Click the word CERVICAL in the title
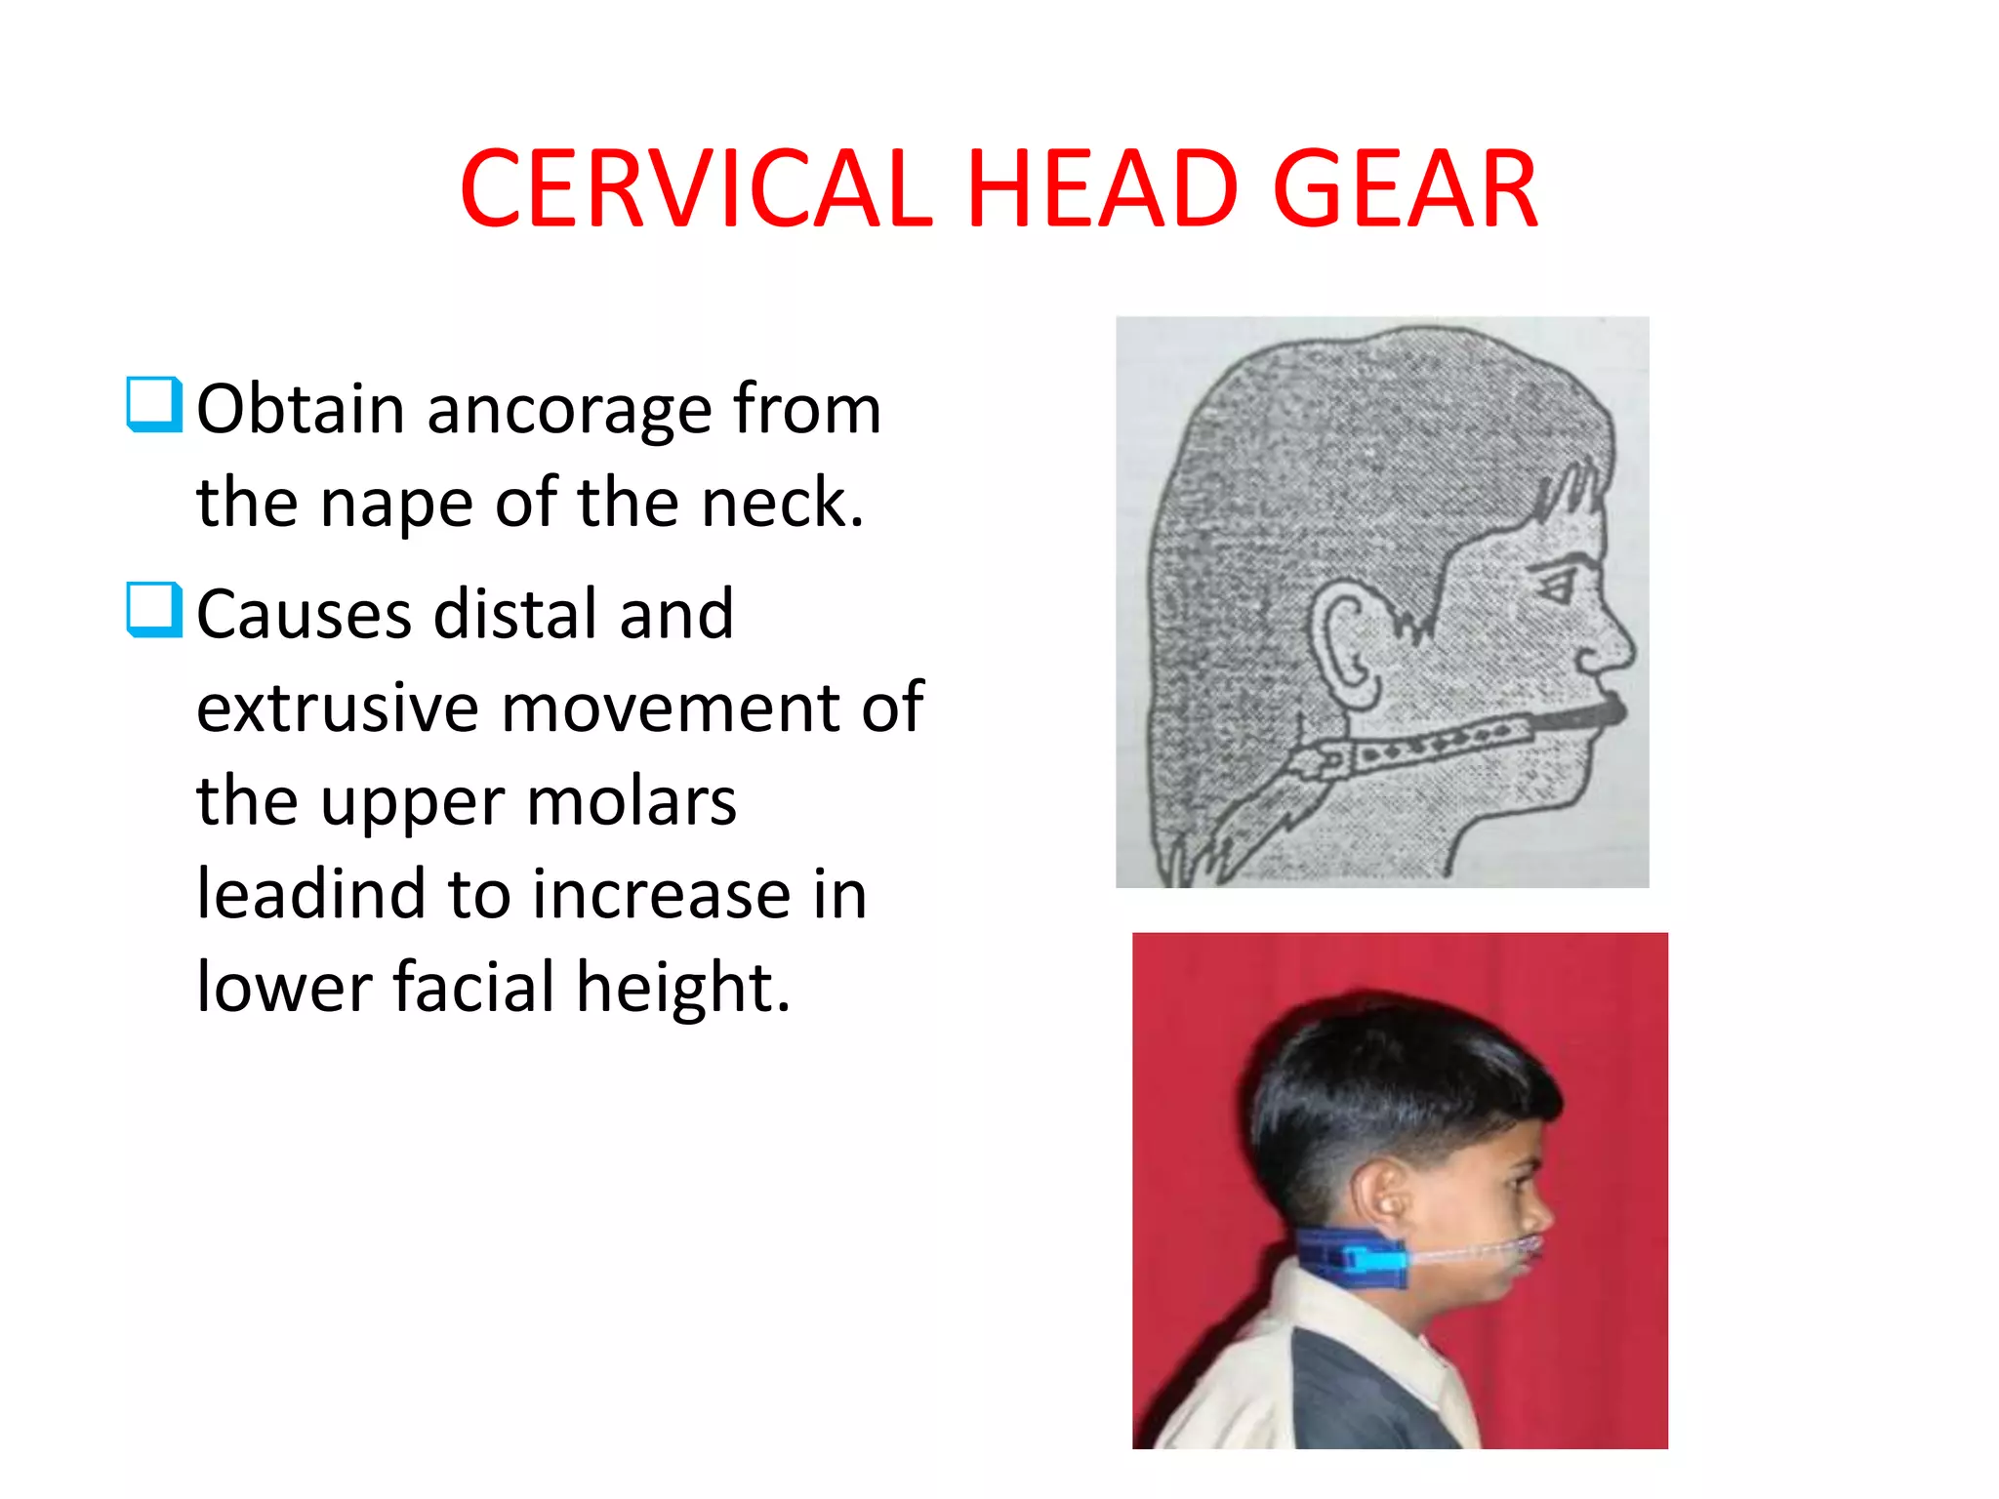[695, 189]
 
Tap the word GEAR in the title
[1405, 189]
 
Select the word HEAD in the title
[1102, 189]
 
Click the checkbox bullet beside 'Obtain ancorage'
[154, 404]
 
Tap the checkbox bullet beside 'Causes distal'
[154, 610]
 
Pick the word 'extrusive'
[337, 707]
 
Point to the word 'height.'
[682, 988]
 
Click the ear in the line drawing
[1345, 644]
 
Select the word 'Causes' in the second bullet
[304, 615]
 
